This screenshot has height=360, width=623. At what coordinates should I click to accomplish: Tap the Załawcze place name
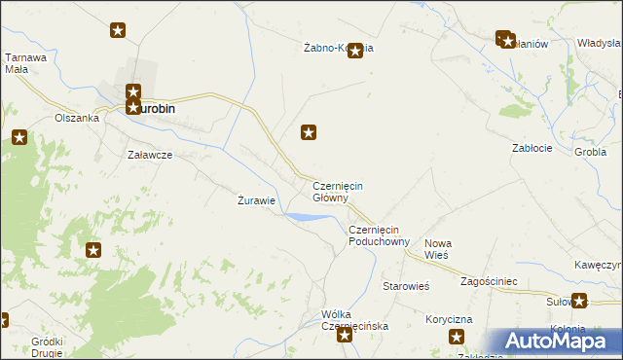150,155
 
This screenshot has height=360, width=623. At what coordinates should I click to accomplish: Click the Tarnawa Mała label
26,63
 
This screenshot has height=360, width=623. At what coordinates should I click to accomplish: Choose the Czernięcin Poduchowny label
379,235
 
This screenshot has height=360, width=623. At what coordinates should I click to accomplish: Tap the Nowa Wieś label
439,248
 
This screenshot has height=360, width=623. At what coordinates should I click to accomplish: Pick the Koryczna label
449,319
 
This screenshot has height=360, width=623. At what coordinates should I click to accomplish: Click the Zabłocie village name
532,148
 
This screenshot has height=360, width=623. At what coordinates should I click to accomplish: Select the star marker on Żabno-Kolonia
355,51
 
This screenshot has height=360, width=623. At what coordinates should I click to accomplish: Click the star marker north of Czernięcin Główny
310,131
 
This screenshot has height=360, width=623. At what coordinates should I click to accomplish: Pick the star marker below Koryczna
457,338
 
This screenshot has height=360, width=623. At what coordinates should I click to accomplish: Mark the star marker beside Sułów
580,302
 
